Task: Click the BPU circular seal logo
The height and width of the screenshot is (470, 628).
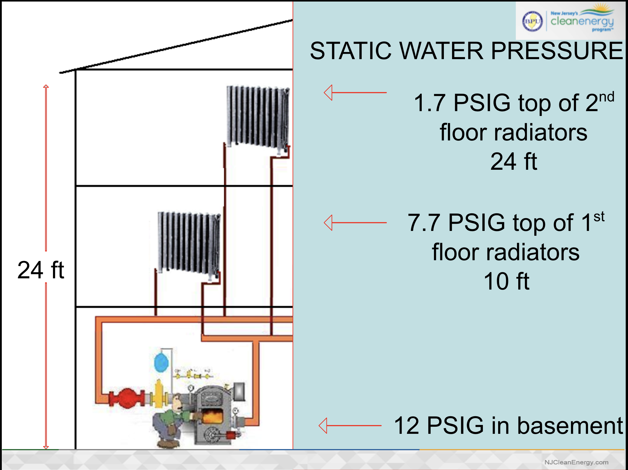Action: tap(532, 21)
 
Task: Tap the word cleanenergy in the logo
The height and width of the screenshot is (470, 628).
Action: tap(582, 22)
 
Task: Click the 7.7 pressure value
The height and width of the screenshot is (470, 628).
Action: tap(423, 223)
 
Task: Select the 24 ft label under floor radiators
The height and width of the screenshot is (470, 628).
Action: tap(514, 161)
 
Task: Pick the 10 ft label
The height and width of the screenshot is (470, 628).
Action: tap(507, 281)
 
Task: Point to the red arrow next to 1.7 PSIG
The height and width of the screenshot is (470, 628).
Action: tap(355, 93)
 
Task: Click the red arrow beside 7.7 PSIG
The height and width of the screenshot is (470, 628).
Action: tap(355, 223)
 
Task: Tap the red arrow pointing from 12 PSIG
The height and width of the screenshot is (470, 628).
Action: tap(350, 426)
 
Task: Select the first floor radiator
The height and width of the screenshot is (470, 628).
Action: tap(189, 243)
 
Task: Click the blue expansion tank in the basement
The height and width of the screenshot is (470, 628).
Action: tap(161, 362)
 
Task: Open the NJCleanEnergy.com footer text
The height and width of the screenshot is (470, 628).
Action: tap(576, 462)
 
